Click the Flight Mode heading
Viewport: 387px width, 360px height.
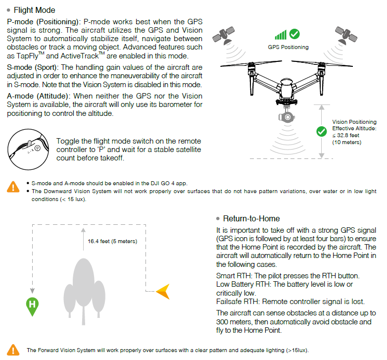coord(34,10)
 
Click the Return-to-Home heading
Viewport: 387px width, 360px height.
coord(251,218)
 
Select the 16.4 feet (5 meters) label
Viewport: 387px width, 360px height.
coord(112,241)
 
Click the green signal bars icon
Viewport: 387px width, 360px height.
coord(281,35)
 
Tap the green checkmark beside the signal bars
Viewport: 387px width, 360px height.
coord(294,34)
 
